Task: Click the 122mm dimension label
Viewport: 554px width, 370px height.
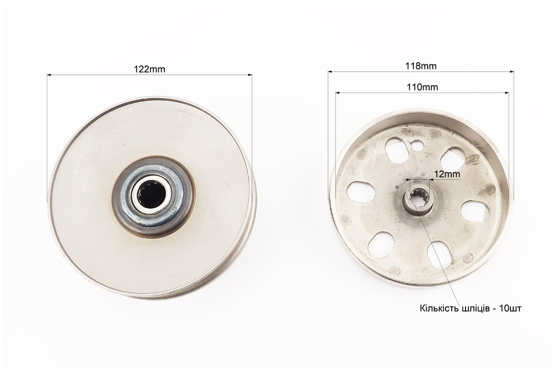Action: tap(149, 69)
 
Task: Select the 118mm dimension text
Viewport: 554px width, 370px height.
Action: tap(420, 66)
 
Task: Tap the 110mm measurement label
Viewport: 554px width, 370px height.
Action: tap(422, 87)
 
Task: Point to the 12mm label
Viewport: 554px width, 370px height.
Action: tap(447, 174)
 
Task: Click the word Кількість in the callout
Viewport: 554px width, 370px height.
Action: tap(439, 308)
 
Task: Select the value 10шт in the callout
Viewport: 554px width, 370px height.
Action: tap(510, 308)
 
